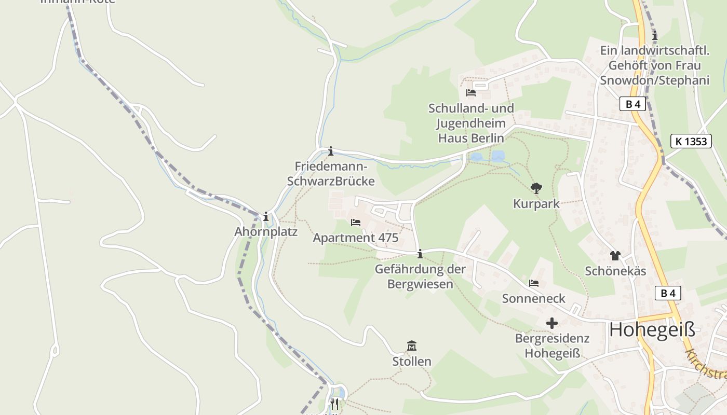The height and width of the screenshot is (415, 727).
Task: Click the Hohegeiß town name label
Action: click(x=652, y=329)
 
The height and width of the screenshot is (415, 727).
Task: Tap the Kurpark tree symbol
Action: click(x=536, y=188)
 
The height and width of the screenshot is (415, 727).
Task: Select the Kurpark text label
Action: click(x=536, y=204)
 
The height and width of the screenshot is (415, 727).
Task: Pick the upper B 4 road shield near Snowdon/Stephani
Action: click(x=632, y=104)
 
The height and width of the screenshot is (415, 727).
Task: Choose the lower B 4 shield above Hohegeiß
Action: click(x=667, y=293)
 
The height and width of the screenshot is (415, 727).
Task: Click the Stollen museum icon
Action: click(x=412, y=345)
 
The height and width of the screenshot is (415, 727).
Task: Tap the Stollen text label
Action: click(x=412, y=361)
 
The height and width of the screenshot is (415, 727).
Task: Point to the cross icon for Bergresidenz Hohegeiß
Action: click(x=551, y=323)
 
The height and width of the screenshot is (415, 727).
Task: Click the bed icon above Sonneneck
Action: click(x=533, y=283)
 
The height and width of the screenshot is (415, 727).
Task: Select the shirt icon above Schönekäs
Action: click(x=615, y=255)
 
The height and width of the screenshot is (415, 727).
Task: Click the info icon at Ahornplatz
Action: click(x=266, y=216)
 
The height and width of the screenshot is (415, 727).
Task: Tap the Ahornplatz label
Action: click(x=266, y=231)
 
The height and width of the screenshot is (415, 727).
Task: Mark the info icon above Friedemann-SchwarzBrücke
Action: click(x=330, y=151)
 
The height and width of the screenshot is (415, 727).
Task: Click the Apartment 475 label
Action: click(x=355, y=238)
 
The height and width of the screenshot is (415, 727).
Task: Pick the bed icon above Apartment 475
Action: click(x=355, y=223)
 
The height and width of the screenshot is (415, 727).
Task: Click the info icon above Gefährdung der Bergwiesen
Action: click(x=420, y=254)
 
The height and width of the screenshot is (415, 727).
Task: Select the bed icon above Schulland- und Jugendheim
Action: click(x=470, y=93)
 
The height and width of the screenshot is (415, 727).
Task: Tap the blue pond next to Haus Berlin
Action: click(x=497, y=156)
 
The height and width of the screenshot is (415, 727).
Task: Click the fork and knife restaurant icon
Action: click(x=334, y=403)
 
